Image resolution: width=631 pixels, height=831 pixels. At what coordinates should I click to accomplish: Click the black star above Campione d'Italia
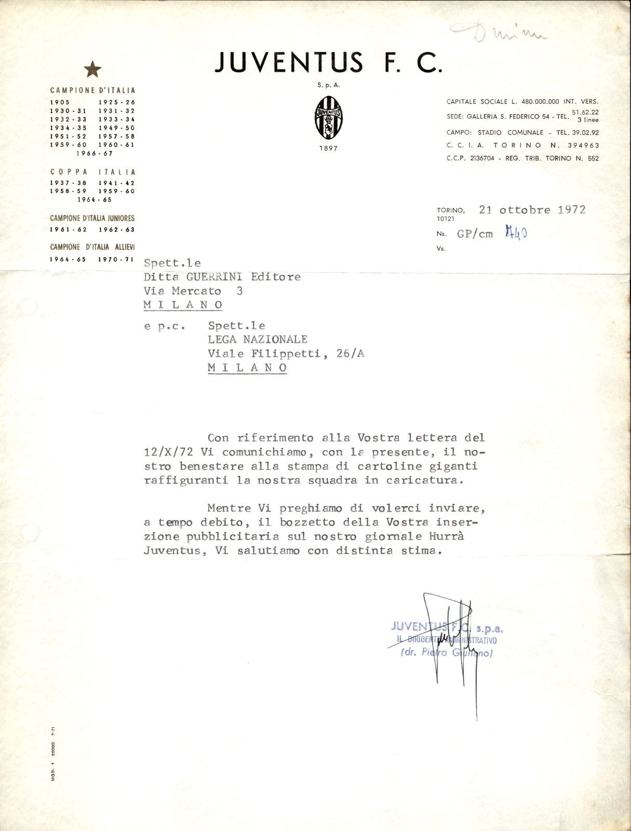tap(93, 69)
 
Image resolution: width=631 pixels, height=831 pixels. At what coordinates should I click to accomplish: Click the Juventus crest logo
tap(328, 117)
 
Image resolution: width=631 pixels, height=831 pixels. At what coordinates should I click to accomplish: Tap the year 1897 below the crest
tap(328, 149)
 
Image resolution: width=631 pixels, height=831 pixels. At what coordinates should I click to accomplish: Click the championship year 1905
tap(60, 103)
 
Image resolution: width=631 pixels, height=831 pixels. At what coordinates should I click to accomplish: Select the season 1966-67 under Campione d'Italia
tap(94, 153)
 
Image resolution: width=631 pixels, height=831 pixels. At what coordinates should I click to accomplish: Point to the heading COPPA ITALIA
tap(93, 172)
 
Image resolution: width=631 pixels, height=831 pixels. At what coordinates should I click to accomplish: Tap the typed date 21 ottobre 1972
tap(532, 210)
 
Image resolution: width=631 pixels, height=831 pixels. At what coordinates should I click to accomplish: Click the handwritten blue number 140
tap(516, 233)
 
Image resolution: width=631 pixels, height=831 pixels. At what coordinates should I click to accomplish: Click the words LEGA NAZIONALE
tap(258, 340)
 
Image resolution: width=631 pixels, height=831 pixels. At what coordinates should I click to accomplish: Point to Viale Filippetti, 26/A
tap(286, 354)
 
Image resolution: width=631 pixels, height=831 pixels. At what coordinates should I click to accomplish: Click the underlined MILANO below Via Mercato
tap(183, 305)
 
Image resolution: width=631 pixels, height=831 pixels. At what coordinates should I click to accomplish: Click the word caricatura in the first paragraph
tap(423, 480)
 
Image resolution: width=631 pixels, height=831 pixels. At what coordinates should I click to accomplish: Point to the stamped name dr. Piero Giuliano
tap(446, 653)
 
